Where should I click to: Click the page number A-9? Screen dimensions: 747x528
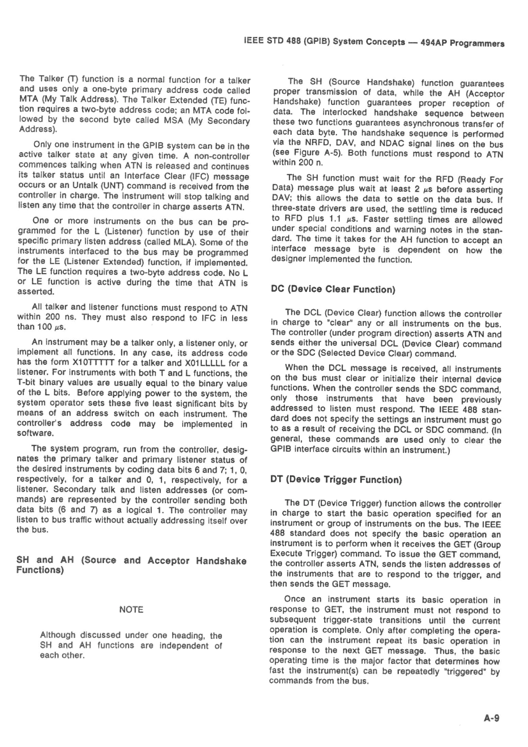(x=492, y=718)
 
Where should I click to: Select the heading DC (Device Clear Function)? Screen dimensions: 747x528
(x=333, y=289)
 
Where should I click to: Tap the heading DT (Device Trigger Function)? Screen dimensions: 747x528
(x=336, y=480)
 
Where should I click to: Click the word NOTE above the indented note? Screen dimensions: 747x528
(x=131, y=609)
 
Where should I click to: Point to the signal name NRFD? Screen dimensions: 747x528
(x=316, y=144)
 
